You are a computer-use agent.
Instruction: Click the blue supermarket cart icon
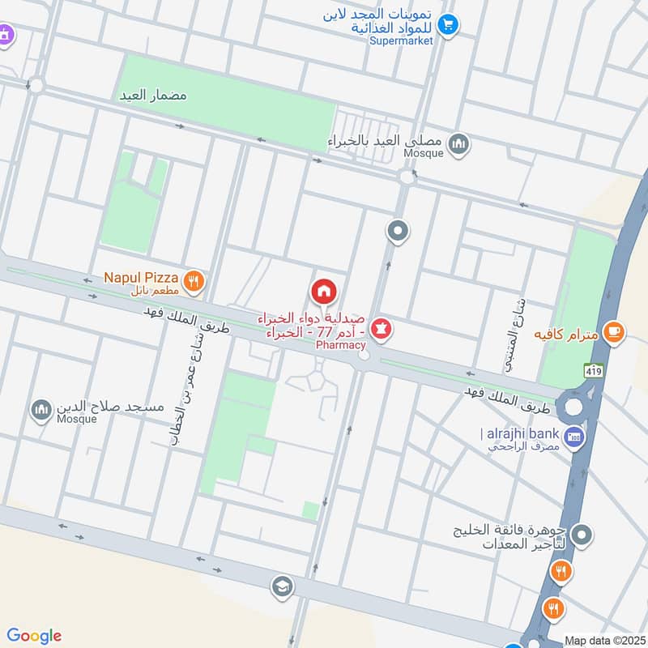pos(450,23)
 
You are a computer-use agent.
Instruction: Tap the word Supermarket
pos(402,40)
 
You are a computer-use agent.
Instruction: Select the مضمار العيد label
pos(153,95)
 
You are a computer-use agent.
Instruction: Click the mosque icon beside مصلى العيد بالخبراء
pos(459,143)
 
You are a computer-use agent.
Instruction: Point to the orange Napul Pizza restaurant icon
pos(193,281)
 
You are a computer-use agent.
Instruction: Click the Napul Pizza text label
pos(140,278)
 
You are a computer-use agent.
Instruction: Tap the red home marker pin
pos(324,291)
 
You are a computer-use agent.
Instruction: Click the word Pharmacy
pos(335,345)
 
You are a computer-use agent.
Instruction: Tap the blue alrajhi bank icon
pos(574,437)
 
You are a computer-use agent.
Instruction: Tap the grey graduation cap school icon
pos(281,585)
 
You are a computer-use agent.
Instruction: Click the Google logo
pos(34,635)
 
